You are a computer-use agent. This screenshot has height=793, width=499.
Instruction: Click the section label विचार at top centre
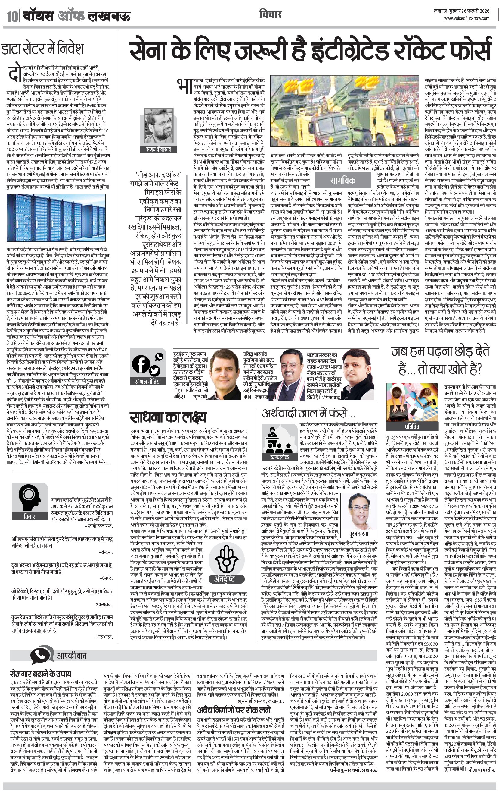pyautogui.click(x=270, y=14)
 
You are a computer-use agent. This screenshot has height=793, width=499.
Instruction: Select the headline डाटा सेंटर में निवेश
pyautogui.click(x=43, y=49)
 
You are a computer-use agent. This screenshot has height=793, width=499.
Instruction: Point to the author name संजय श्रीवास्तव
pyautogui.click(x=159, y=149)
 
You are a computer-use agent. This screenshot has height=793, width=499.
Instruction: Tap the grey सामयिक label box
pyautogui.click(x=342, y=180)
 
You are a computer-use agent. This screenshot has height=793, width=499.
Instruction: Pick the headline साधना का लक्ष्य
pyautogui.click(x=168, y=417)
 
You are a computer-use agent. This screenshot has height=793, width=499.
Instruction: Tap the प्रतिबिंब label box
pyautogui.click(x=412, y=426)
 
